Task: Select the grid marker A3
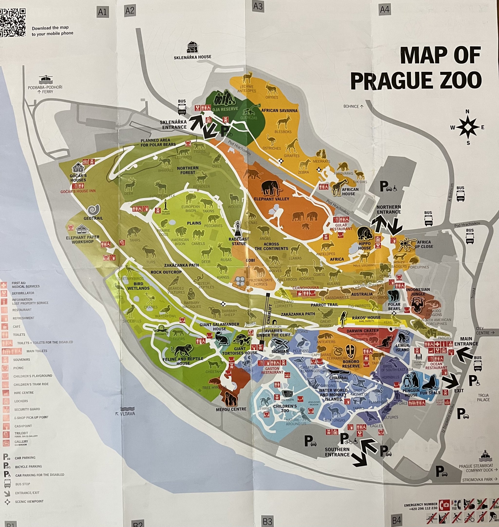(258, 6)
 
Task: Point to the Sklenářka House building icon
(192, 47)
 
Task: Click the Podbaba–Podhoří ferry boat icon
(46, 79)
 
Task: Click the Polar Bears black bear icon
(393, 296)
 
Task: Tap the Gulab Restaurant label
(341, 227)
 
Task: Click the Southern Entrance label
(337, 452)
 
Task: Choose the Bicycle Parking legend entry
(28, 466)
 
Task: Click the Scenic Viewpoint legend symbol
(7, 502)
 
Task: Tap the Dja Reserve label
(225, 109)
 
